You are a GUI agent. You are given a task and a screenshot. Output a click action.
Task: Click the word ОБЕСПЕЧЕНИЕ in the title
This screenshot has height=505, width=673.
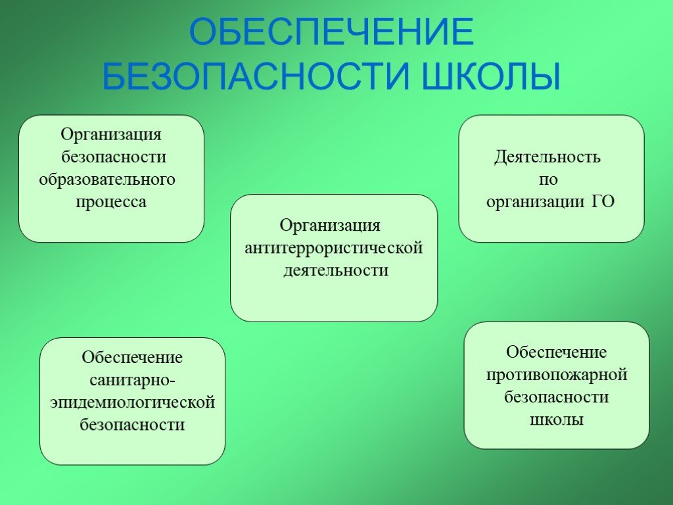tap(331, 32)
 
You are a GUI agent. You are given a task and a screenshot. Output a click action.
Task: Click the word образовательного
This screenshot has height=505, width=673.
tap(107, 179)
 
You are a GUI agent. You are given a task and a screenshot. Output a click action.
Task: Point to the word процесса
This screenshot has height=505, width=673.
tap(111, 201)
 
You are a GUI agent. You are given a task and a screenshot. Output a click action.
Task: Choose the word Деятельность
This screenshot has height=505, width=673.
tap(547, 156)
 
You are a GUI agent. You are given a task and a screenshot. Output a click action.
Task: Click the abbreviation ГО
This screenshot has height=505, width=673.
tap(603, 201)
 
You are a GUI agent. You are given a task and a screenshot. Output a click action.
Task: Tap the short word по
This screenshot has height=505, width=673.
tap(548, 180)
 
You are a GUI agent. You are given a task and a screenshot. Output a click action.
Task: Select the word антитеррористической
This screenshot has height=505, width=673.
tap(334, 248)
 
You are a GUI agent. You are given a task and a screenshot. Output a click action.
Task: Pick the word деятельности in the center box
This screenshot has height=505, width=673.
tap(336, 270)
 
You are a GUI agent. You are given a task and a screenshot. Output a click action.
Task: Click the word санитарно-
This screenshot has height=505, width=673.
tap(132, 381)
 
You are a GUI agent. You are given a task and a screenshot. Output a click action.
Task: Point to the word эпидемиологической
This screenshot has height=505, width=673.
tap(133, 402)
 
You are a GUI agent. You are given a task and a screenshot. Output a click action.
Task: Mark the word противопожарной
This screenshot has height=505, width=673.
tap(557, 375)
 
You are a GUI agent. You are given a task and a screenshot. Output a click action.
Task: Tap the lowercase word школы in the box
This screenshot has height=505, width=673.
tap(557, 420)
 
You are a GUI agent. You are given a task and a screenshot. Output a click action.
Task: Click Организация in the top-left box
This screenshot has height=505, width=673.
tap(111, 135)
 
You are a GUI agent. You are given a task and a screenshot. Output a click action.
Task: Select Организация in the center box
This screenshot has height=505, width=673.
tap(330, 226)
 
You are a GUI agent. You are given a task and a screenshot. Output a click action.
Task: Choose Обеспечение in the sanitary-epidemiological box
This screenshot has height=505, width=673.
tap(132, 358)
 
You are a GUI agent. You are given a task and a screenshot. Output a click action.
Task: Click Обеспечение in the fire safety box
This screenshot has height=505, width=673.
tap(556, 352)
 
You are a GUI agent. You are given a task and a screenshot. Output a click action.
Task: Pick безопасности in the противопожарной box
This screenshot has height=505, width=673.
tap(557, 397)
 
